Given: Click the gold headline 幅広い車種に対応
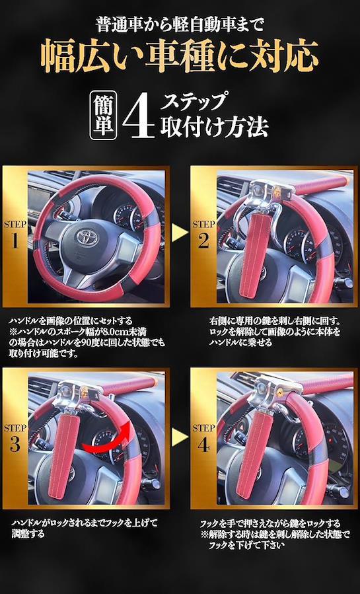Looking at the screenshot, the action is pos(179,56).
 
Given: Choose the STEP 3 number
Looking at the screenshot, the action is pos(15,445).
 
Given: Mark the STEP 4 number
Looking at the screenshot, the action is pos(203,445).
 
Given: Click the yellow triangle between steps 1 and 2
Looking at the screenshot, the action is pos(180,233).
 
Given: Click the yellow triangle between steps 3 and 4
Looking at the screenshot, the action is pos(180,437).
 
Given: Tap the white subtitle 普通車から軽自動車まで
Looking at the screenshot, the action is pos(180,25).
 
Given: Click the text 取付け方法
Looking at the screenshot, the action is pos(214,126).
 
